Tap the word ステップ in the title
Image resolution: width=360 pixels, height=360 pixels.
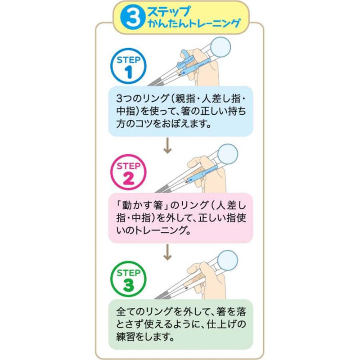[x=169, y=11]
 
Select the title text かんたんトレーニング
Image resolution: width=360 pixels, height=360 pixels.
[x=194, y=23]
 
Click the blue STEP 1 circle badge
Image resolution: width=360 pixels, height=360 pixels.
[x=128, y=66]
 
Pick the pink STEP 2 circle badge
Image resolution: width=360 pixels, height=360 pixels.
[x=128, y=172]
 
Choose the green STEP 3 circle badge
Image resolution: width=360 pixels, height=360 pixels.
[x=128, y=279]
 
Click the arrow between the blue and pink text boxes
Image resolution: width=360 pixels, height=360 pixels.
[x=167, y=145]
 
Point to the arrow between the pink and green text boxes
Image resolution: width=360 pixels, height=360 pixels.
[x=167, y=252]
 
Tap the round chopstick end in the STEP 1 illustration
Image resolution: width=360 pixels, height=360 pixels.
[x=220, y=47]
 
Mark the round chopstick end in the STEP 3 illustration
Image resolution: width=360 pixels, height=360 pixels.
[x=227, y=260]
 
